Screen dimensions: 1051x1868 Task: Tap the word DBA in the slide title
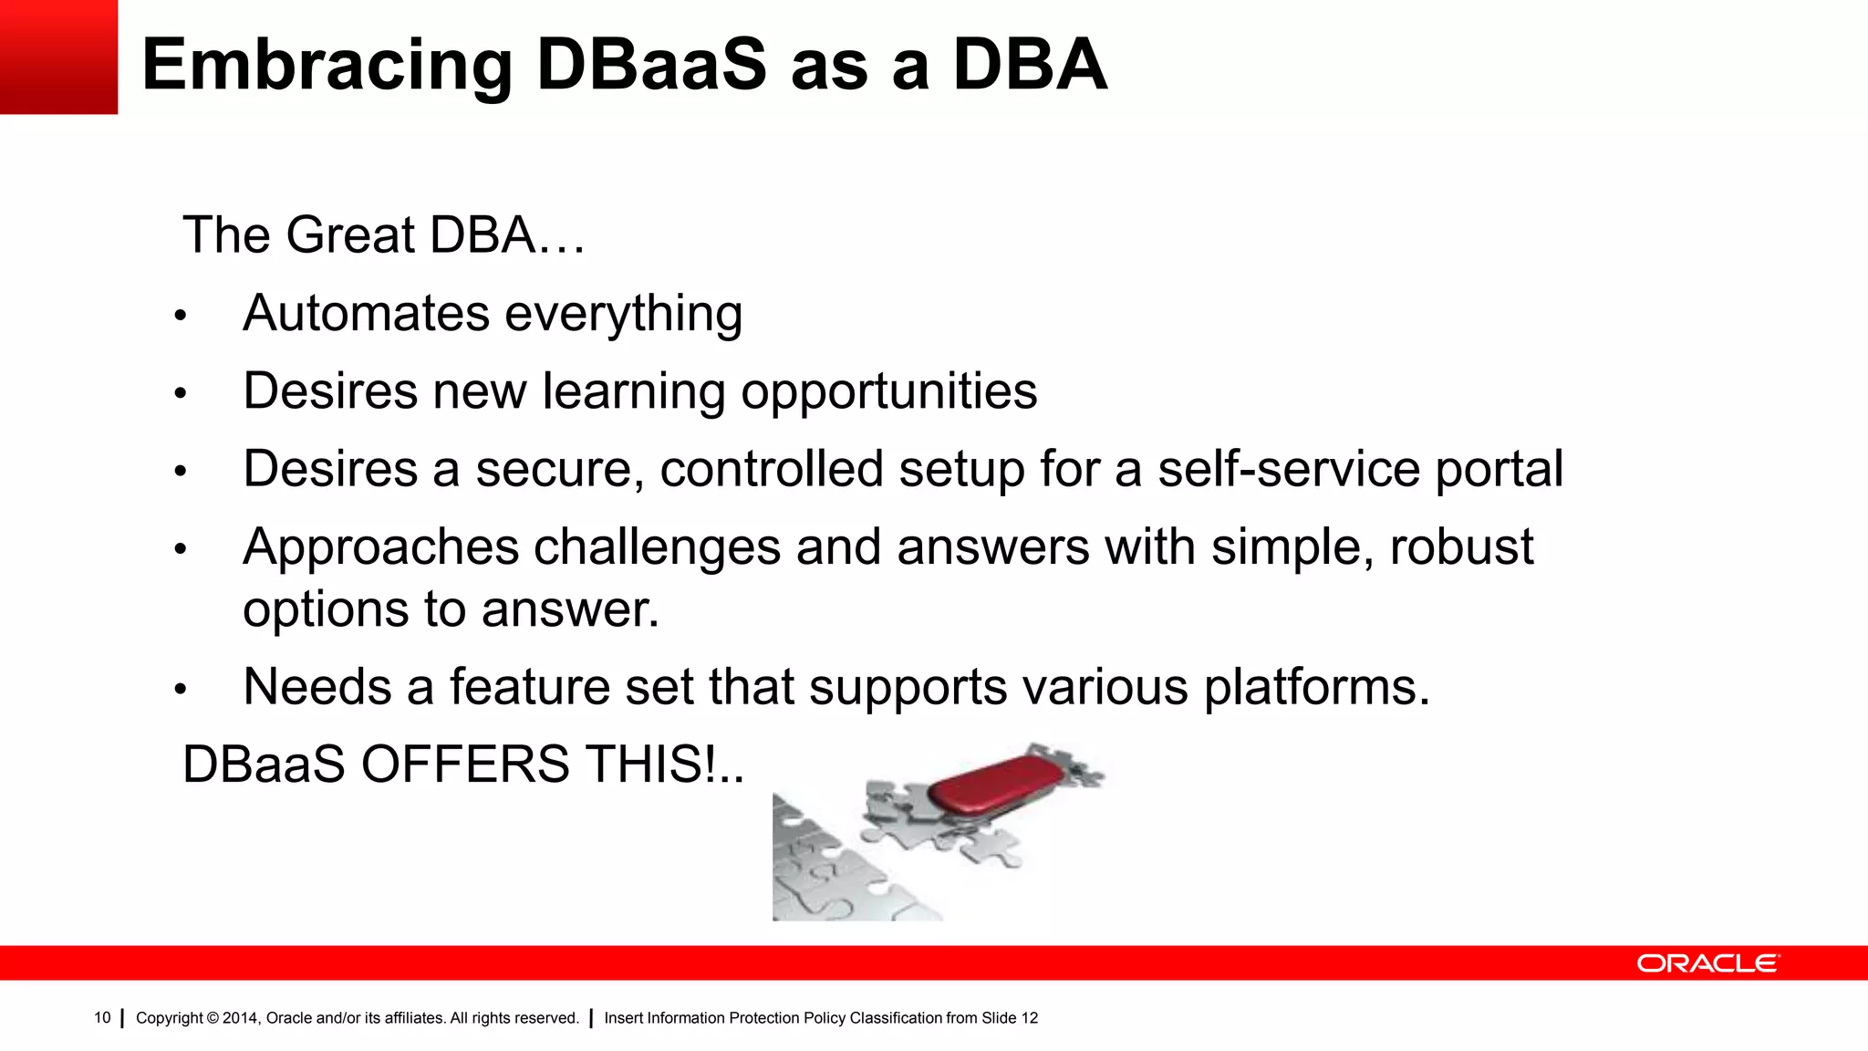pyautogui.click(x=1030, y=66)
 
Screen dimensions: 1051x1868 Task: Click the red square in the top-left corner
pyautogui.click(x=58, y=57)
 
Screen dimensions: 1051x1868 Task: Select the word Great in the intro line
pyautogui.click(x=350, y=235)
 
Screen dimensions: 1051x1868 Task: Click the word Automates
pyautogui.click(x=366, y=314)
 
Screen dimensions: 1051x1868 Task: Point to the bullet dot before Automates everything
pyautogui.click(x=181, y=317)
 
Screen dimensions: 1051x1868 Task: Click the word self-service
pyautogui.click(x=1288, y=470)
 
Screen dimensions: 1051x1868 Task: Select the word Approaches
pyautogui.click(x=380, y=547)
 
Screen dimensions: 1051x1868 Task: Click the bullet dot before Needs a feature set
pyautogui.click(x=181, y=690)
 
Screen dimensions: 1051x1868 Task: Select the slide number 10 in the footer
pyautogui.click(x=102, y=1018)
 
